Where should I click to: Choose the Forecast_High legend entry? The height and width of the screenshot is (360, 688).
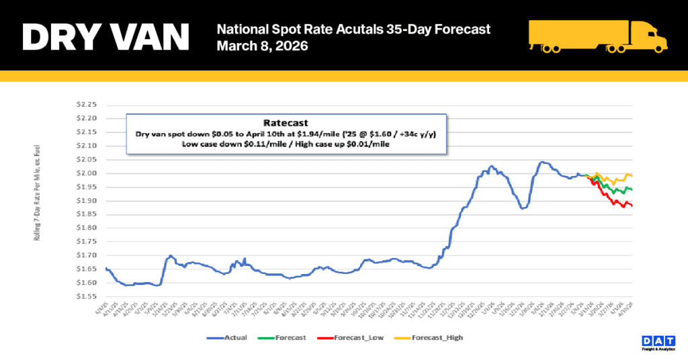coord(437,338)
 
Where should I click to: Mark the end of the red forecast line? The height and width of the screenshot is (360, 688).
coord(632,206)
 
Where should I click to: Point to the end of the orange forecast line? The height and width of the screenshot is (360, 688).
coord(632,176)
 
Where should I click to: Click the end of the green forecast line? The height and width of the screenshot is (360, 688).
coord(632,190)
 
